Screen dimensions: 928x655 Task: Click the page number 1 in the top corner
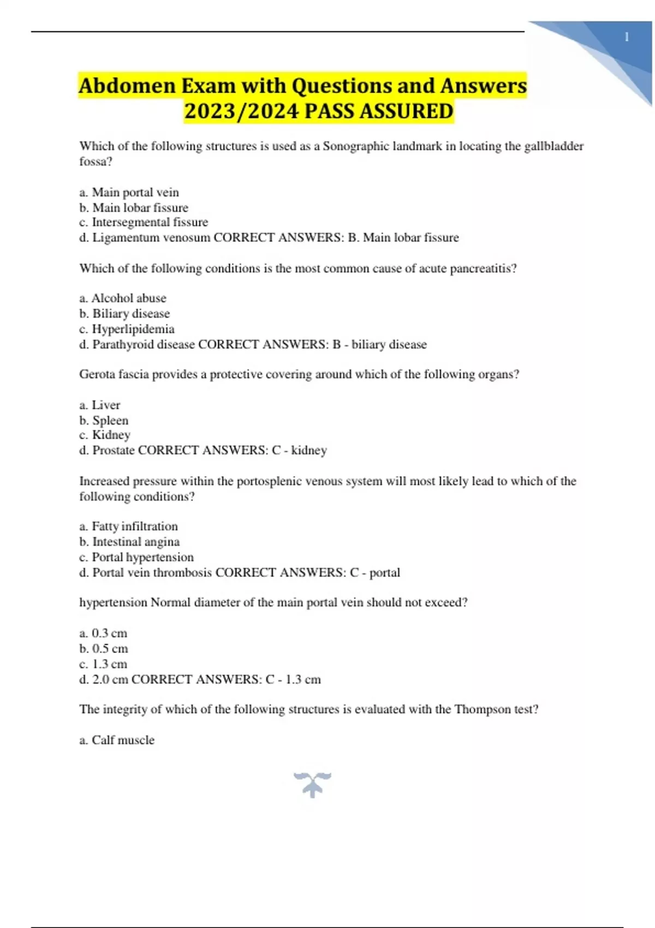coord(627,37)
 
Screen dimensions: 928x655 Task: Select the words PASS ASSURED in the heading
coord(378,111)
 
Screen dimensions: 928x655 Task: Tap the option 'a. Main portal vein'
coord(129,192)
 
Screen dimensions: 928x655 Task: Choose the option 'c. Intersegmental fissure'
coord(144,222)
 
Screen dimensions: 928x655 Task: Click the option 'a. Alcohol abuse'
coord(123,298)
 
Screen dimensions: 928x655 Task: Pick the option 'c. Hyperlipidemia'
coord(127,329)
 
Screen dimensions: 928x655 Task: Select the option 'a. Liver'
coord(99,405)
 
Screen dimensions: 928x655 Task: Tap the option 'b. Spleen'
coord(104,420)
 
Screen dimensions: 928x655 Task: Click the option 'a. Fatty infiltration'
coord(128,526)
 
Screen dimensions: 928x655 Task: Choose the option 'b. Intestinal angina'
coord(129,542)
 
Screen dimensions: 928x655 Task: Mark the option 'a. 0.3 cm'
coord(103,633)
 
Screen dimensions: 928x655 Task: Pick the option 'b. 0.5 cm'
coord(104,649)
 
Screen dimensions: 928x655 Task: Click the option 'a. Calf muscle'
coord(117,740)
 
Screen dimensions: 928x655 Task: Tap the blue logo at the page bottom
coord(312,784)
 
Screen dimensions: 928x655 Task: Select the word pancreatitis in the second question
coord(483,269)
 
